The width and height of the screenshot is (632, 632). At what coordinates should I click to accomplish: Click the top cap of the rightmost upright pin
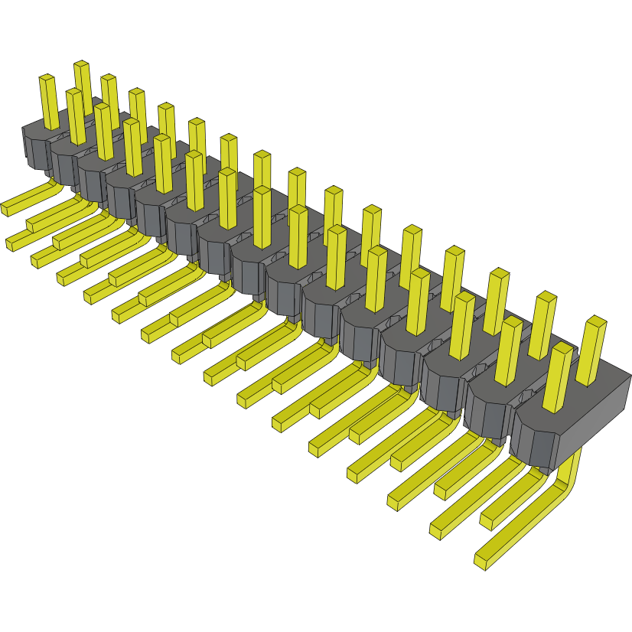click(596, 321)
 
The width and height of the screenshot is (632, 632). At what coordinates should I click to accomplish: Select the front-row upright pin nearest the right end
click(558, 379)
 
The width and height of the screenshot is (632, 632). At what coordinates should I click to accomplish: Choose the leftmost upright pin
click(49, 103)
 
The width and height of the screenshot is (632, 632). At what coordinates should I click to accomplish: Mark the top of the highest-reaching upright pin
click(81, 66)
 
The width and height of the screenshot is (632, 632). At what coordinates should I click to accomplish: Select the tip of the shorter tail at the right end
click(487, 521)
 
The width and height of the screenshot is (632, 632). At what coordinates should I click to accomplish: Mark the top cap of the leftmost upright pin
click(47, 78)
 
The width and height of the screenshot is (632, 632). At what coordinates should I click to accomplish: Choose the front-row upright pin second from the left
click(77, 116)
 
